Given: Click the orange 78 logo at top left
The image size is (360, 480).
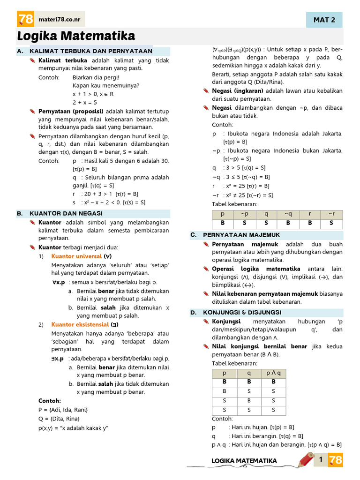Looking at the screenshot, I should point(25,19).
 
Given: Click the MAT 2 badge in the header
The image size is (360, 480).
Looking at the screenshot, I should point(324,20).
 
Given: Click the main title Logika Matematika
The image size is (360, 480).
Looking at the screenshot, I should point(76,36).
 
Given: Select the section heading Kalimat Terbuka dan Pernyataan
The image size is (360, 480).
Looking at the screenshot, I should point(91,51).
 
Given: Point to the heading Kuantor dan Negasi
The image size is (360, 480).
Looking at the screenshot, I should point(66,213).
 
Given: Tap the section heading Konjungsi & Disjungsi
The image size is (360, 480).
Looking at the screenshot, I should point(242,312).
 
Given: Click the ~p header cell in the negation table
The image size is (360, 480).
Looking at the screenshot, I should point(245,214).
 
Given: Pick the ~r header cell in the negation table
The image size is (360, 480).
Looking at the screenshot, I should point(331,214).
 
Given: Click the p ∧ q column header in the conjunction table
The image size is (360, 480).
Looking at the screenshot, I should point(274,373).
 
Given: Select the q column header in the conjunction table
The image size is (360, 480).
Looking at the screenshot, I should point(249,373).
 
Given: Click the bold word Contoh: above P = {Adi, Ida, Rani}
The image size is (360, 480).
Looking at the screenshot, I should point(50,401).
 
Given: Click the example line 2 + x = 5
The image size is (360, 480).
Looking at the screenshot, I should point(85,102).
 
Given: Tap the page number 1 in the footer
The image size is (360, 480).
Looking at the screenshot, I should point(321,460).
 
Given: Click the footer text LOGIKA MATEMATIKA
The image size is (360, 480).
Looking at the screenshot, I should point(244,461).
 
